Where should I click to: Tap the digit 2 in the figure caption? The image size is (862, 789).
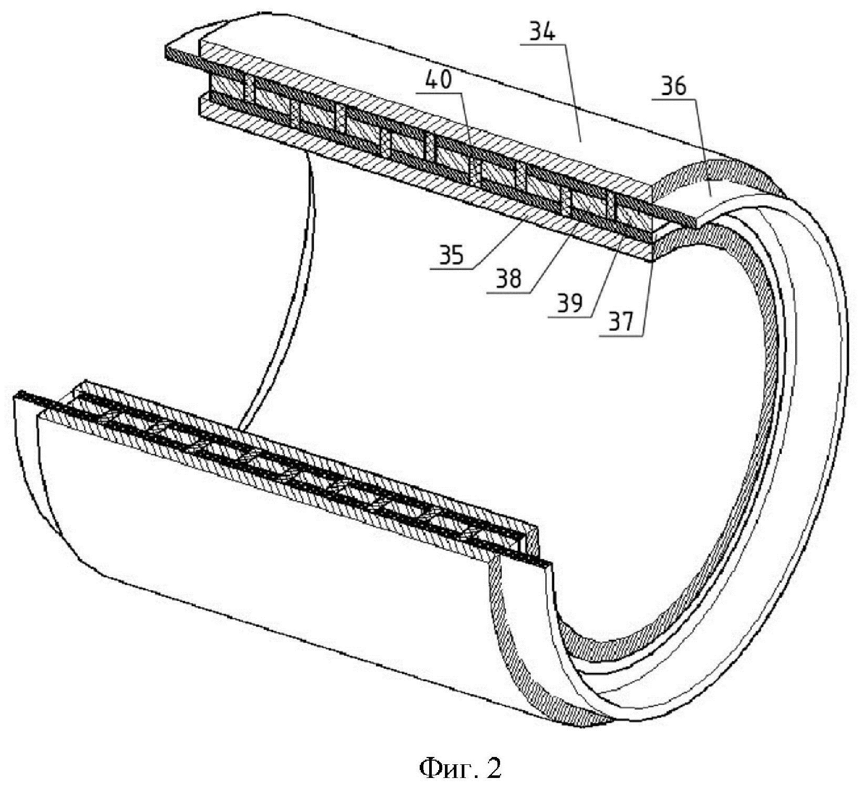(494, 769)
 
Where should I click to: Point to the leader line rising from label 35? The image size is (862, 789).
(499, 241)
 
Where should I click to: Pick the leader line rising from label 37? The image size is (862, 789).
(648, 294)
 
